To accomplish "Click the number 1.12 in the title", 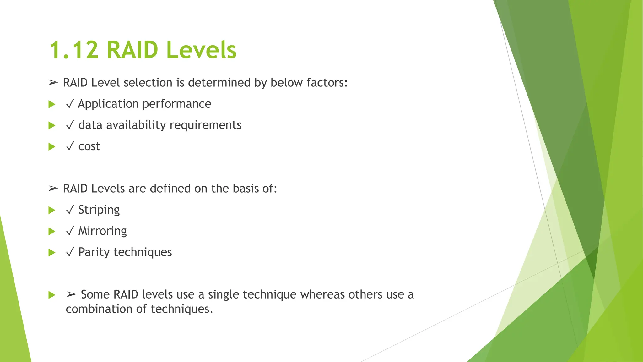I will pos(74,50).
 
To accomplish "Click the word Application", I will pos(108,104).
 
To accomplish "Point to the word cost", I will pos(89,146).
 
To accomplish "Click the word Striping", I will pos(99,210).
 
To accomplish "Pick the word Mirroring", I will pos(102,231).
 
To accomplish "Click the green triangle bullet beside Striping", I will pos(52,210).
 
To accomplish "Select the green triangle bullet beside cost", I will pos(52,147).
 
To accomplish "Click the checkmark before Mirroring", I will pos(70,231).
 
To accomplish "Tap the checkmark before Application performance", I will pos(70,104).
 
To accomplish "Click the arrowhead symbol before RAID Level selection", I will pos(53,83).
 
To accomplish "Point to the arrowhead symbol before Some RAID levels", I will pos(71,294).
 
